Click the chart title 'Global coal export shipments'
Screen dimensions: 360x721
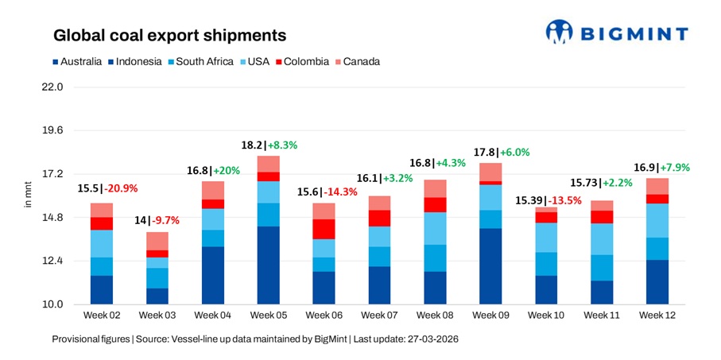pos(169,36)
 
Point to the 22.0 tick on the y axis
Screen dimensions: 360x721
pos(52,87)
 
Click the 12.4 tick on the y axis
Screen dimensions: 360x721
pos(52,261)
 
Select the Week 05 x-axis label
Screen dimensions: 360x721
pos(268,315)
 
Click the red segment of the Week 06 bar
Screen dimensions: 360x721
pos(324,229)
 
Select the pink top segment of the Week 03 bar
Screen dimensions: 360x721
pos(157,241)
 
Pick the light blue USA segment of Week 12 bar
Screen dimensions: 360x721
pos(657,220)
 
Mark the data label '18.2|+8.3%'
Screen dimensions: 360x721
pos(269,145)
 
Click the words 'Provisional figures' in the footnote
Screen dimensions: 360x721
pos(90,339)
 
